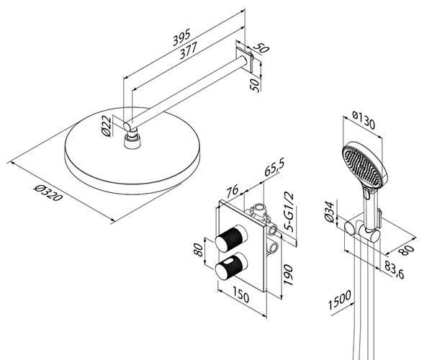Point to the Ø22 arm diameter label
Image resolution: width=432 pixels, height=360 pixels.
pyautogui.click(x=107, y=127)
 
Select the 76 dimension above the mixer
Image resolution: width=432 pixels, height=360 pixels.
pyautogui.click(x=232, y=192)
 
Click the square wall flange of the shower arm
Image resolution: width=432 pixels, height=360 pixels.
pyautogui.click(x=253, y=61)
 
